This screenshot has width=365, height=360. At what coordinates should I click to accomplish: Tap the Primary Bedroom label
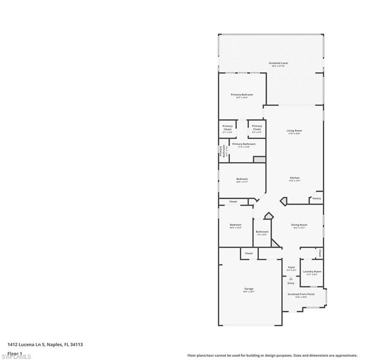point(242,95)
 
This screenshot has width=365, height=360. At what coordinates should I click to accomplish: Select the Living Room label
point(294,131)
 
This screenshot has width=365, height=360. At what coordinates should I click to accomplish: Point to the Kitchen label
point(294,178)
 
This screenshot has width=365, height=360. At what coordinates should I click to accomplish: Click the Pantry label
point(317,198)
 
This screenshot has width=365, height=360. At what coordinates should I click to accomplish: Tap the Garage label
point(248,289)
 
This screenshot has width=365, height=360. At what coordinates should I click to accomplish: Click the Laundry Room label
point(312,272)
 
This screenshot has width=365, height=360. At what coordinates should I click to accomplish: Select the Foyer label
point(291,267)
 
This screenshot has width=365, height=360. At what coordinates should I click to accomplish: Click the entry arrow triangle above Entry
point(291,278)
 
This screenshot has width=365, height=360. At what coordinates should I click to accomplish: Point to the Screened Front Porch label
point(301,294)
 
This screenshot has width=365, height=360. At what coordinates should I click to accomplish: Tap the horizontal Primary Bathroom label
point(244,144)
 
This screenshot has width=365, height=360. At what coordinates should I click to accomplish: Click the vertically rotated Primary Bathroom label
point(220,151)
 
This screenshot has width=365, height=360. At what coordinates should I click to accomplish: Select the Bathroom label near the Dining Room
point(262,232)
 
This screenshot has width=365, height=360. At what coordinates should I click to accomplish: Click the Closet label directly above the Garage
point(249,253)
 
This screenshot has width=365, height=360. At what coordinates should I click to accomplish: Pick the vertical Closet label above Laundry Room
point(320,253)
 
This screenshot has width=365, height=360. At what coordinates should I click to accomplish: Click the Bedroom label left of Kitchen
point(242,179)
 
